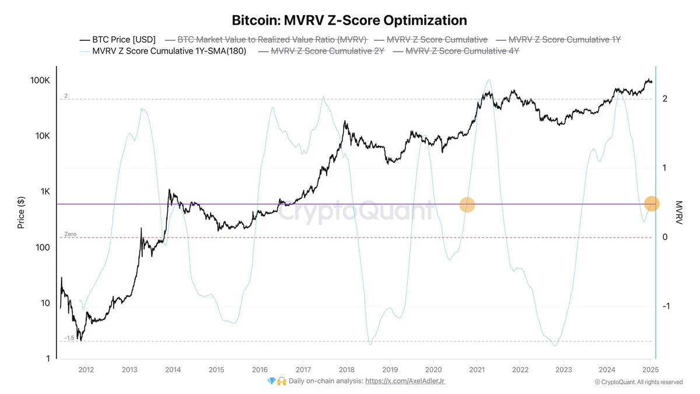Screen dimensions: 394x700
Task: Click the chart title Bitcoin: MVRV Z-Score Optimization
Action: (x=349, y=20)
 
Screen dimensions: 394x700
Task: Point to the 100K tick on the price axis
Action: (x=40, y=81)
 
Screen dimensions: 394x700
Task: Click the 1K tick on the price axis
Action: (x=44, y=192)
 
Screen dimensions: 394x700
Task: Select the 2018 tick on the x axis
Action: (x=346, y=369)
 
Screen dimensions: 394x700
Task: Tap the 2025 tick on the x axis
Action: (x=650, y=369)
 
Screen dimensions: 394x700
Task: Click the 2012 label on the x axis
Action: (x=86, y=369)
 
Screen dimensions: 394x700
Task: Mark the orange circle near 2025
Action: (x=652, y=204)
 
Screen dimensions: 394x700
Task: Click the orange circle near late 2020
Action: (x=467, y=204)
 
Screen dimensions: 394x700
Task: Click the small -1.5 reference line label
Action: (x=69, y=338)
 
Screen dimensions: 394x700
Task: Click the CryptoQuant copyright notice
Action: (x=638, y=382)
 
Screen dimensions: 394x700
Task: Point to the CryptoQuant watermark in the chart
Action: (x=355, y=211)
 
